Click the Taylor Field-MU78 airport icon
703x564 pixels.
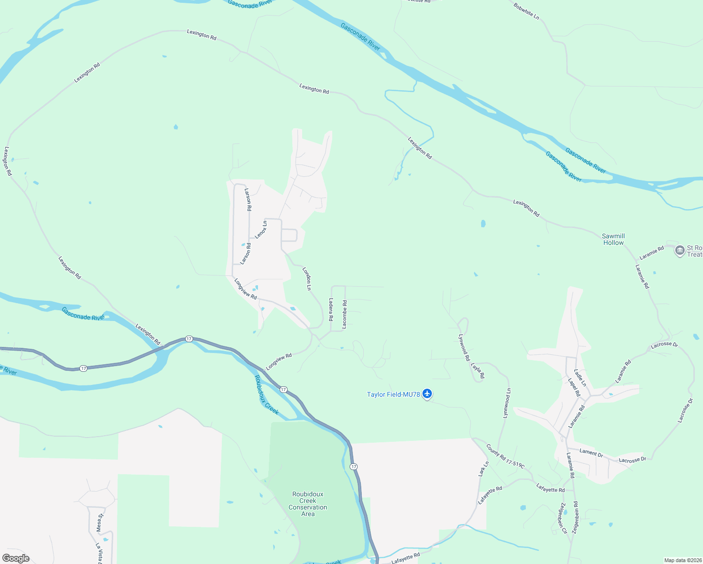tap(427, 393)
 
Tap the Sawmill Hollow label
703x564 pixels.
tap(613, 239)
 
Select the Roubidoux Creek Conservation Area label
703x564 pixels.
tap(308, 504)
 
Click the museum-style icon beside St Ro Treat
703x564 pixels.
tap(680, 251)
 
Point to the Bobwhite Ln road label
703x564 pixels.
tap(526, 11)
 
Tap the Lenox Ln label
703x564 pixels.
tap(261, 229)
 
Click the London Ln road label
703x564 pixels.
tap(307, 279)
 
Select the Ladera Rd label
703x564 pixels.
tap(331, 309)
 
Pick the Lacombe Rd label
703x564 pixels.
tap(344, 314)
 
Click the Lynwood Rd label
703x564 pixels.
tap(464, 347)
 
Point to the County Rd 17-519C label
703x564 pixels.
tap(505, 456)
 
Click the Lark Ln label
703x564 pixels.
tap(484, 469)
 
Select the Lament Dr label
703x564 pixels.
tap(591, 453)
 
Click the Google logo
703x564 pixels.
tap(16, 558)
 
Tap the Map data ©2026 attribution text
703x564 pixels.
tap(682, 560)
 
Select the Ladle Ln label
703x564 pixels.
tap(580, 378)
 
